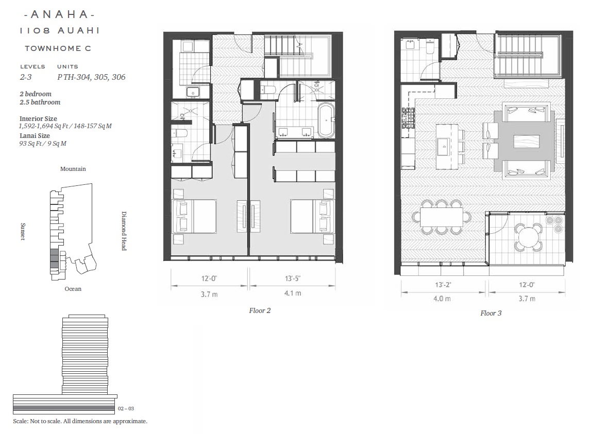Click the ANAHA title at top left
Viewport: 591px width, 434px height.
pos(59,14)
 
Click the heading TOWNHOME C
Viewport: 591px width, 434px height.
pos(58,48)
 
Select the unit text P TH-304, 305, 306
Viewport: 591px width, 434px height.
pos(91,77)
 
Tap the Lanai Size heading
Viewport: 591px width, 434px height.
pos(35,135)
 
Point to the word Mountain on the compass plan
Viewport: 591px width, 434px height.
pos(73,169)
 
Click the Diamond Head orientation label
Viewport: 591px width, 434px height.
pos(124,231)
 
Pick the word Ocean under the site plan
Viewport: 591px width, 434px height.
pos(73,289)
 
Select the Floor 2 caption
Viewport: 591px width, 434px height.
pos(260,310)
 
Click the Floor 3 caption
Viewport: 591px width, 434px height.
pos(491,313)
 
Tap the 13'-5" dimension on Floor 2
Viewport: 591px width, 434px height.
pos(293,279)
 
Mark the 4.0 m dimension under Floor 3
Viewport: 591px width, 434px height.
pos(442,299)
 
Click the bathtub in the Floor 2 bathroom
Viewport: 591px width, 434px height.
pos(326,120)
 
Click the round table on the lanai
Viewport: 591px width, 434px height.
pos(529,237)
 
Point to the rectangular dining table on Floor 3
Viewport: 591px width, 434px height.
pos(442,217)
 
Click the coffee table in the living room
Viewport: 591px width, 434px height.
pos(526,141)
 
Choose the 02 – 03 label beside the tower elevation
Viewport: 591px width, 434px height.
pos(126,408)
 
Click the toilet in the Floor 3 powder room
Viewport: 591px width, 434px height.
pos(431,47)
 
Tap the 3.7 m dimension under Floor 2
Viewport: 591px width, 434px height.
pos(209,294)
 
